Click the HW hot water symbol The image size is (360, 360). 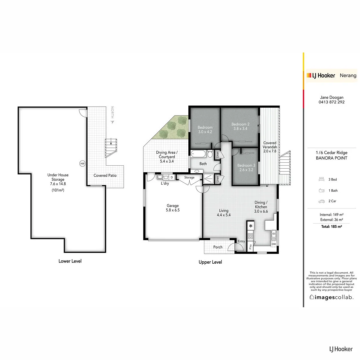tap(82, 163)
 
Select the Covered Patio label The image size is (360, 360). tap(105, 175)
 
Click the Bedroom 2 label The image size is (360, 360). tap(240, 126)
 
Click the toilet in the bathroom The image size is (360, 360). tap(210, 154)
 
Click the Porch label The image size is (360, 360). tap(218, 247)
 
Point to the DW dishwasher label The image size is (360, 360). tap(273, 244)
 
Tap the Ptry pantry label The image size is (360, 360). tap(251, 247)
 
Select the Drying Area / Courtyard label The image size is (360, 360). tap(167, 157)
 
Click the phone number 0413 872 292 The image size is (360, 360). tap(331, 102)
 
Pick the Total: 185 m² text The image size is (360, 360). tap(331, 226)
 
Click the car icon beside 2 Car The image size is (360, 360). tap(322, 201)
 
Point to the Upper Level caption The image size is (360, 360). tap(210, 262)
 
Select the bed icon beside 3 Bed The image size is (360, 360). tap(322, 179)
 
